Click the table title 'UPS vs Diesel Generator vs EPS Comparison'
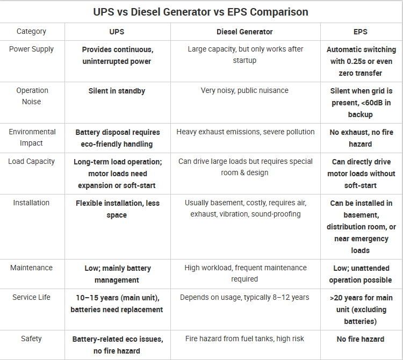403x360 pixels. [x=201, y=12]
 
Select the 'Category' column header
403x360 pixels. [x=31, y=32]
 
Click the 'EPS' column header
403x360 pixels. [x=360, y=32]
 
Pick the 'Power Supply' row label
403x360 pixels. [x=31, y=49]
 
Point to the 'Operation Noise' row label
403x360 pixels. [x=32, y=96]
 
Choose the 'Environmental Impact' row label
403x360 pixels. [x=32, y=137]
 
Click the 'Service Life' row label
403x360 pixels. [x=32, y=297]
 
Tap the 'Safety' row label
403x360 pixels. [x=31, y=339]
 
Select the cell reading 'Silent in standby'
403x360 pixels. [x=117, y=91]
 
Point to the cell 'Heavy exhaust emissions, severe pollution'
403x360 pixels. [x=246, y=132]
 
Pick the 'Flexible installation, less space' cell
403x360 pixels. [x=117, y=209]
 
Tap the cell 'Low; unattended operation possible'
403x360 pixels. [x=360, y=273]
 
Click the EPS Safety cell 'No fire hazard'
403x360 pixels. [x=360, y=339]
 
